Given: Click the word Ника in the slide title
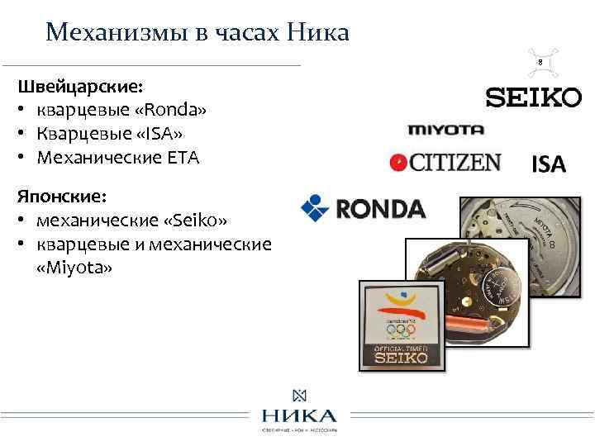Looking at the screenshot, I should [317, 32].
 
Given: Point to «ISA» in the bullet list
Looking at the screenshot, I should [161, 134].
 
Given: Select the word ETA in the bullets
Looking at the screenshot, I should [183, 157].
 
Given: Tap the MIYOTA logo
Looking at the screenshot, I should [445, 130].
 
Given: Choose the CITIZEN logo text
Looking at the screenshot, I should [455, 162].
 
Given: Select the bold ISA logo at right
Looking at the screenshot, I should [548, 164].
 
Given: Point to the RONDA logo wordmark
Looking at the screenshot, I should [379, 208].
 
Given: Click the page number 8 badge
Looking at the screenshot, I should [540, 62].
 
